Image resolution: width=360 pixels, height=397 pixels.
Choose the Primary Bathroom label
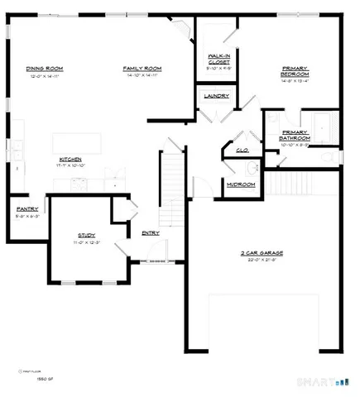pos(295,136)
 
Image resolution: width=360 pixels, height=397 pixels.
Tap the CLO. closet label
pos(243,150)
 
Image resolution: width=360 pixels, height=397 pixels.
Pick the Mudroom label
pos(241,184)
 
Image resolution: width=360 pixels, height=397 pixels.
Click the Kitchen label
pos(70,159)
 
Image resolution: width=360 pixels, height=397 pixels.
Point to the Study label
pos(88,235)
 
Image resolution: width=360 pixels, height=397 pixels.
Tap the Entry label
pos(151,233)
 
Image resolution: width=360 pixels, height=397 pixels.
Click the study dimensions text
pos(88,242)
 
